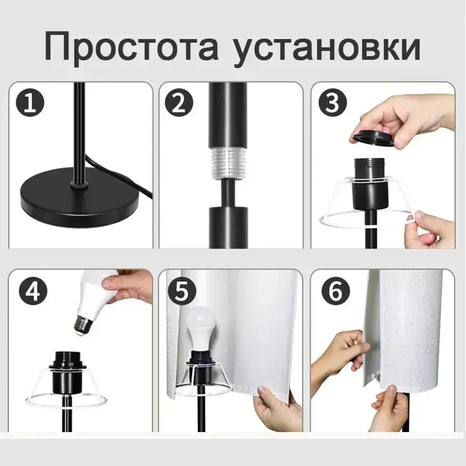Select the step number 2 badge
click(x=179, y=103)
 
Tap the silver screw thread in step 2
click(x=227, y=163)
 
